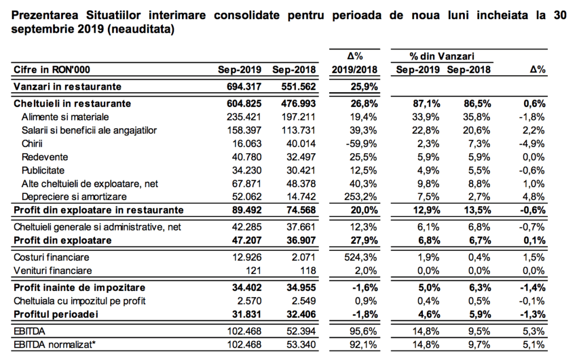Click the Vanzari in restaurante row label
(67, 86)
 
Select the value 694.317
(244, 86)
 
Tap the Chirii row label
(32, 143)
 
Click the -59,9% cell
(361, 143)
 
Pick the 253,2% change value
(360, 197)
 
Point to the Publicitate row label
(43, 170)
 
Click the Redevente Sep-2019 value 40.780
(247, 157)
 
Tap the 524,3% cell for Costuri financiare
(360, 257)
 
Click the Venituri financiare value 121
(253, 271)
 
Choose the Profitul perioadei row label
(56, 314)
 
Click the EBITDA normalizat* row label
(55, 345)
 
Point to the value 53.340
(301, 345)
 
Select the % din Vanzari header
(442, 56)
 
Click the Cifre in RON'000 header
(51, 70)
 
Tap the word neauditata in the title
(140, 29)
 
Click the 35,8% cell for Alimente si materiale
(477, 117)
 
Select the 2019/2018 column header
(355, 70)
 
